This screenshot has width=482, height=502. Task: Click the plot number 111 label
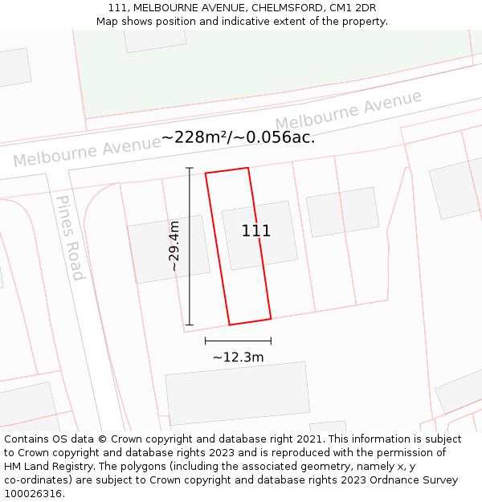(256, 231)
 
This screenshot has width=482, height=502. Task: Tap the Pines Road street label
(70, 237)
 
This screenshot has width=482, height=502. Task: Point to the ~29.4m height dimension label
(174, 246)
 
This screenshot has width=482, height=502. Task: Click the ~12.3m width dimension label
(238, 357)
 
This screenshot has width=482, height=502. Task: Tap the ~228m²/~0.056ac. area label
(238, 137)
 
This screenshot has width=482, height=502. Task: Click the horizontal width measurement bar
(238, 341)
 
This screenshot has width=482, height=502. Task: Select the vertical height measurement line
(190, 246)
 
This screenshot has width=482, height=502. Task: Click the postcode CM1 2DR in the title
(353, 8)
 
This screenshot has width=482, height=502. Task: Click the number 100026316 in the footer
(31, 494)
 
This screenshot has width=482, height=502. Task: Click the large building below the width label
(238, 393)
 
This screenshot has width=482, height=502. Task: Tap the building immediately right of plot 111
(343, 212)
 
